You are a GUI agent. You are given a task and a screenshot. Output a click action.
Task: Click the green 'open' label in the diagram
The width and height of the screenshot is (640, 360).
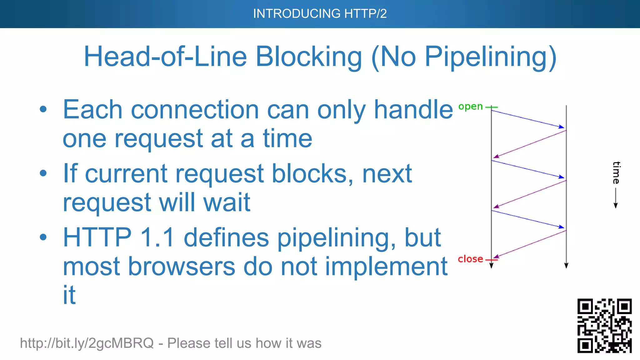[x=470, y=107]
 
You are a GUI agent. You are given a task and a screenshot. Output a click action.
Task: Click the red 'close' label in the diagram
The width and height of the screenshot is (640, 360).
[x=470, y=259]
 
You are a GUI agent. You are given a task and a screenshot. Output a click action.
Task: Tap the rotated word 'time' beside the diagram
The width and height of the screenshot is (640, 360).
[x=616, y=172]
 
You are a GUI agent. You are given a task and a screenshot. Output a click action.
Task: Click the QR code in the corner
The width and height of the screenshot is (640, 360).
[x=604, y=326]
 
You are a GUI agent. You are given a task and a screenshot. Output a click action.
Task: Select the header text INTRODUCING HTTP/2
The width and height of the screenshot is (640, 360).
[x=320, y=14]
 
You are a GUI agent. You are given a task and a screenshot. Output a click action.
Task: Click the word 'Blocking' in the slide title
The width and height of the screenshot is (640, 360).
[x=309, y=57]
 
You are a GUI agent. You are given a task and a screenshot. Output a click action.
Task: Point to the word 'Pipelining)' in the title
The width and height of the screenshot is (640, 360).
[x=490, y=57]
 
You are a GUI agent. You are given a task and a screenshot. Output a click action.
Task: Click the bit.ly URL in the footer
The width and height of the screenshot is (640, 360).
[x=87, y=343]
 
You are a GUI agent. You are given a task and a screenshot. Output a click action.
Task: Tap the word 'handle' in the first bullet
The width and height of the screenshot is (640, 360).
[x=413, y=110]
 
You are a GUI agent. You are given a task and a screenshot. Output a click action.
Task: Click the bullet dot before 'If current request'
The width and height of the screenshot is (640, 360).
[x=43, y=173]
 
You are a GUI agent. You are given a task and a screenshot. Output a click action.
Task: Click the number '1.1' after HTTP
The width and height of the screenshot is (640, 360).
[x=157, y=237]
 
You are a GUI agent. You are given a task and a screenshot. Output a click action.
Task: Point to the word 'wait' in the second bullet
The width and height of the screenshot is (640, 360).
[x=227, y=202]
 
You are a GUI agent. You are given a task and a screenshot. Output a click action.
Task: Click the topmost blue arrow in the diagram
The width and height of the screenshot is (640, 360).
[x=528, y=119]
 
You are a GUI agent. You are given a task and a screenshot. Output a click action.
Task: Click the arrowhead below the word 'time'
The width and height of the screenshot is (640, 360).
[x=616, y=205]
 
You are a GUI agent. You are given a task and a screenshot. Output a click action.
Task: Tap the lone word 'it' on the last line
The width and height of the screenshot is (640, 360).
[x=69, y=295]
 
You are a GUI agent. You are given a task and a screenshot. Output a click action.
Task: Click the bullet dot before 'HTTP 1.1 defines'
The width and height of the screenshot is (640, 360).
[x=43, y=237]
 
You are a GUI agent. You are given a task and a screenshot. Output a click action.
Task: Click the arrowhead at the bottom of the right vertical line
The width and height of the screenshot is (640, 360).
[x=566, y=266]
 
